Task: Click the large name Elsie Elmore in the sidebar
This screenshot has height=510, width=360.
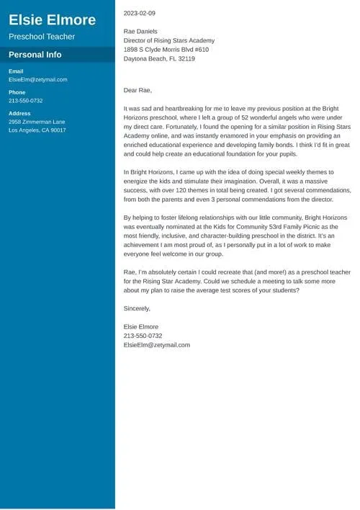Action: click(x=52, y=19)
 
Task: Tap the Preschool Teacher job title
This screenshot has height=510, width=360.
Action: click(x=42, y=37)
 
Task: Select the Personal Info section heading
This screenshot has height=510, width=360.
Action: click(x=35, y=55)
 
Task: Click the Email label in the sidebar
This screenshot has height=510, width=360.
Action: click(x=16, y=71)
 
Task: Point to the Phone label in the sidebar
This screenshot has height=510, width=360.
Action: click(x=17, y=92)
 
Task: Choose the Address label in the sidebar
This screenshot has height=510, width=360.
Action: click(x=19, y=113)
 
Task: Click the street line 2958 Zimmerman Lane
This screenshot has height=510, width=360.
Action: click(x=37, y=122)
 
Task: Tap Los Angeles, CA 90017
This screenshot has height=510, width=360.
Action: click(x=37, y=130)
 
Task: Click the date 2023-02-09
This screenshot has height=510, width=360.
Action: click(x=139, y=13)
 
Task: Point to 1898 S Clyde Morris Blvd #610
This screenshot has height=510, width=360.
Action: click(x=166, y=50)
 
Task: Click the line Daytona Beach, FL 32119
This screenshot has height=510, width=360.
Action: click(x=159, y=59)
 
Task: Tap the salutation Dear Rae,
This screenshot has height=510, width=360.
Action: click(x=138, y=90)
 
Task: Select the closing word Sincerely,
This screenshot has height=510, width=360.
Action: click(x=138, y=308)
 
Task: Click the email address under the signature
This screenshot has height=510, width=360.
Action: click(x=157, y=345)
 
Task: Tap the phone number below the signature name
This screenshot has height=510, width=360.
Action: click(x=143, y=336)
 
